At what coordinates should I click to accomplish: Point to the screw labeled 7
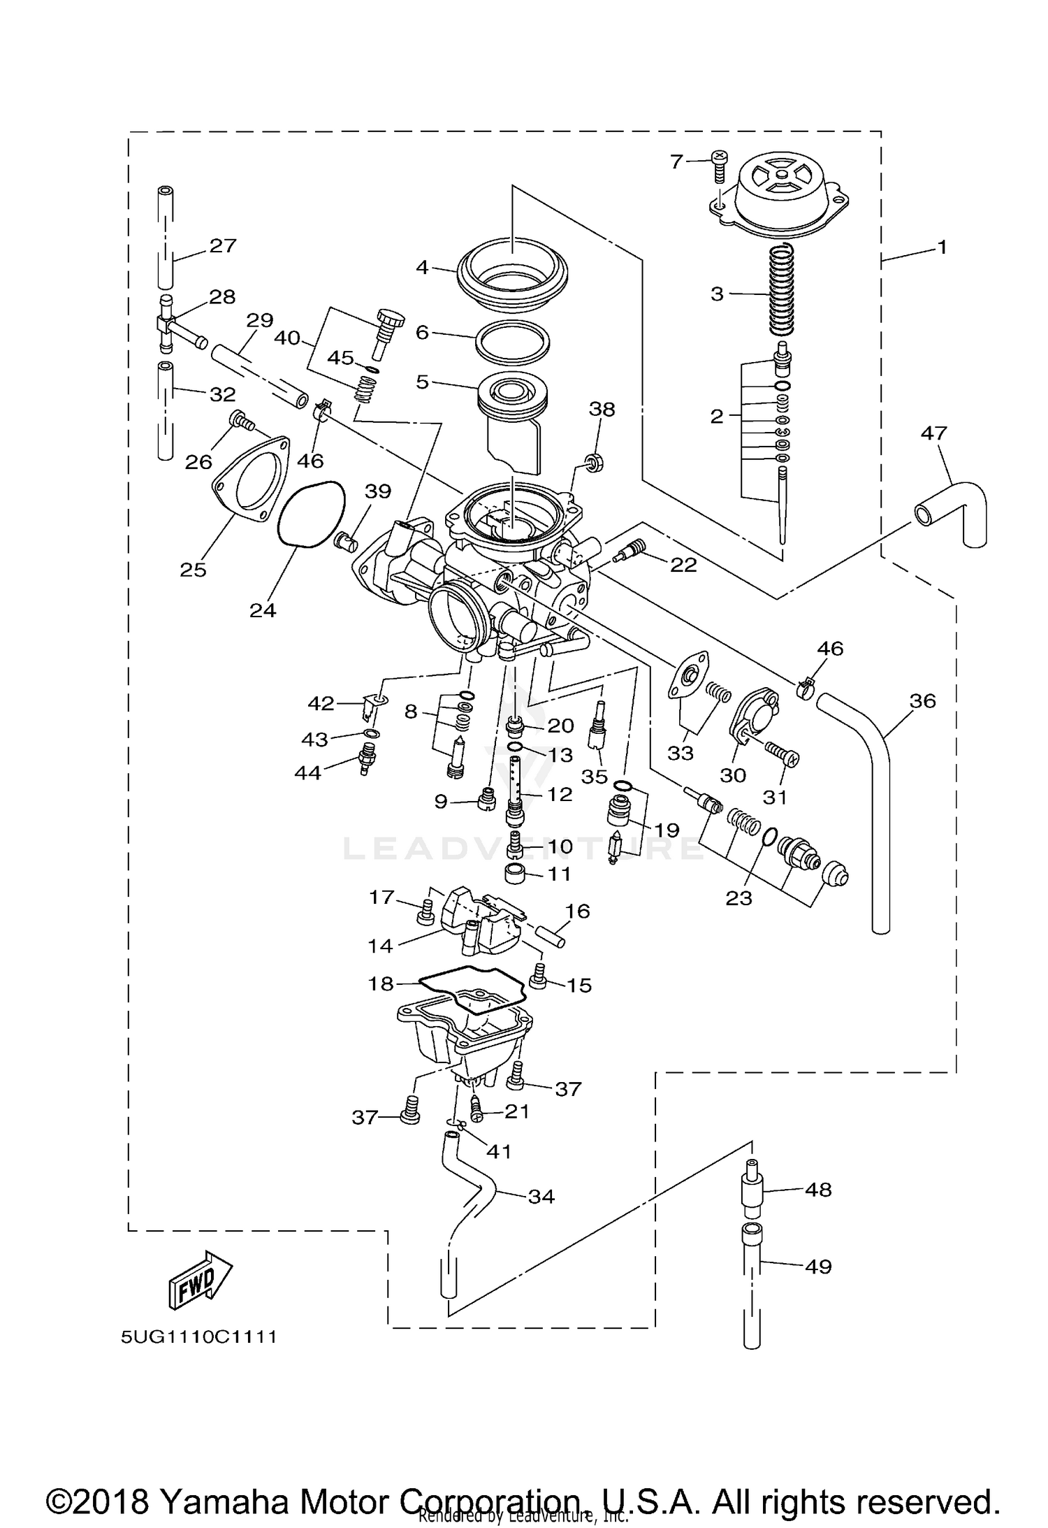pos(719,164)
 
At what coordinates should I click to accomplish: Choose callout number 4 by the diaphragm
pos(421,268)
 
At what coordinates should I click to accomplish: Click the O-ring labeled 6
pos(512,343)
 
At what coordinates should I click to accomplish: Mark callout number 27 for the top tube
pos(223,245)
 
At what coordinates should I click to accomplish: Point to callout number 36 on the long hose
pos(923,700)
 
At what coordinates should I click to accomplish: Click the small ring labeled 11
pos(516,873)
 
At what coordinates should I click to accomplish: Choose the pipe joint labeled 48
pos(751,1189)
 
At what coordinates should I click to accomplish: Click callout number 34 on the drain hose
pos(541,1197)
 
